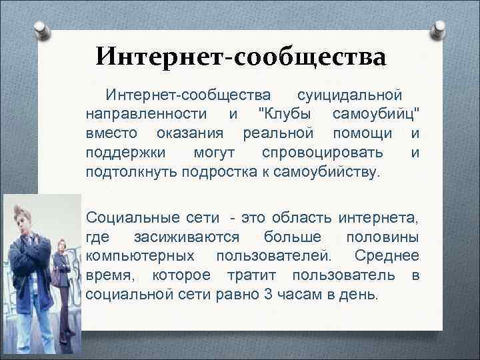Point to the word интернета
[379, 217]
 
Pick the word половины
[382, 237]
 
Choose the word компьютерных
[141, 255]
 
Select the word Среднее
[387, 255]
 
